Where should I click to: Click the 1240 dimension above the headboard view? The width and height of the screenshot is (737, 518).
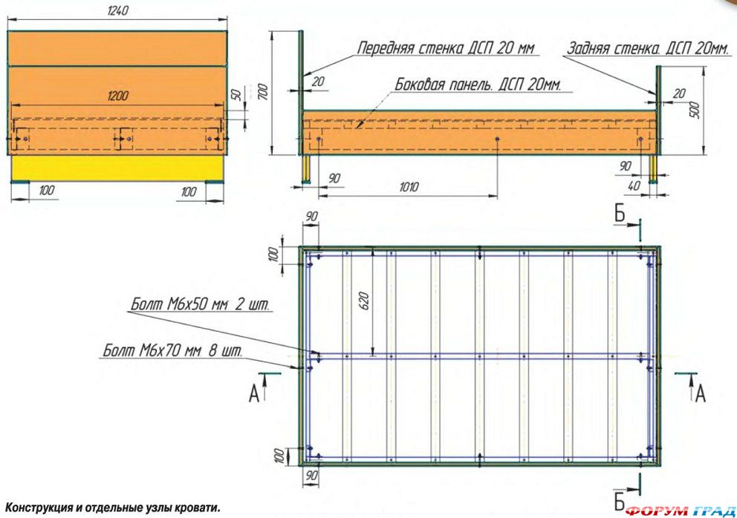point(118,11)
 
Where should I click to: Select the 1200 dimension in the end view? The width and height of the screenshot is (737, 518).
point(117,96)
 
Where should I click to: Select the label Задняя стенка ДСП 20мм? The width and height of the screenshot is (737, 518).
point(648,49)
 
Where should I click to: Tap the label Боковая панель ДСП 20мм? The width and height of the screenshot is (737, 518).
point(479,84)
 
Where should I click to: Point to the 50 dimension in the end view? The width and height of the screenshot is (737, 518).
point(236,95)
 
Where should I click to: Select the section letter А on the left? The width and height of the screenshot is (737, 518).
point(254,394)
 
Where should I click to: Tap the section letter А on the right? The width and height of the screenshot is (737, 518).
point(699,393)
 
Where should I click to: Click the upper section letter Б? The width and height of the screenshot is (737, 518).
point(620,216)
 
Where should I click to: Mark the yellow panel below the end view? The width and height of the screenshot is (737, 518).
point(117,167)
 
